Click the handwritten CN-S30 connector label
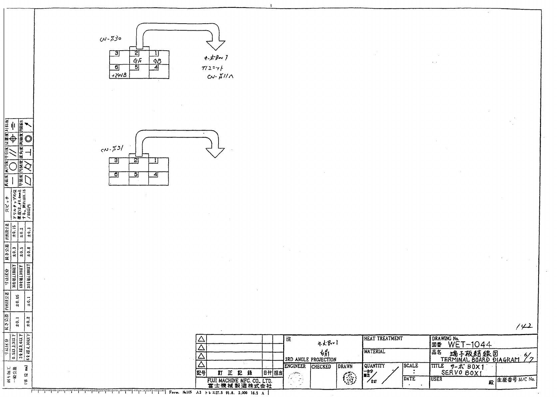coord(110,39)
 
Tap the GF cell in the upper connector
coord(138,61)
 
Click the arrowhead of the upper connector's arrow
coord(216,45)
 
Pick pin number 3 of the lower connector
coord(116,161)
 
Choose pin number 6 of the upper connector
coord(117,67)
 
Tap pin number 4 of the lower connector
coord(155,174)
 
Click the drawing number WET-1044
coord(470,344)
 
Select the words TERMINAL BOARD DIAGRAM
coord(480,359)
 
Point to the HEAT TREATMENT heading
coord(383,338)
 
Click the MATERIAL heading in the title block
coord(374,351)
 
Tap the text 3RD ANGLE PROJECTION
coord(310,359)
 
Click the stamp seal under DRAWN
coord(349,378)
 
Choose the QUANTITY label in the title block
coord(374,366)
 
